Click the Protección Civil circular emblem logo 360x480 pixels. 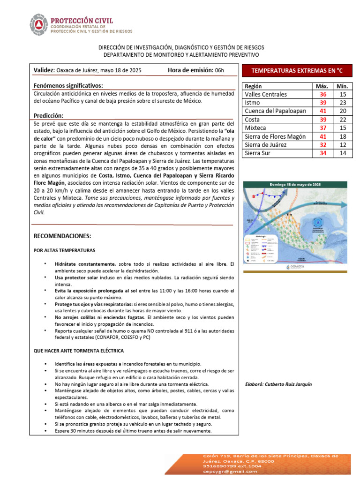(x=38, y=26)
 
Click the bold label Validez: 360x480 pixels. (x=44, y=70)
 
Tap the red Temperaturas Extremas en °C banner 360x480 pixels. (x=297, y=71)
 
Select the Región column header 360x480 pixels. (x=254, y=86)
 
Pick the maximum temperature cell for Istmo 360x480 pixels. (x=322, y=103)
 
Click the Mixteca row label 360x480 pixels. (x=256, y=128)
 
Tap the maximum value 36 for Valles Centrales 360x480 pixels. (x=322, y=94)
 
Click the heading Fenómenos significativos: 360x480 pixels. (x=68, y=86)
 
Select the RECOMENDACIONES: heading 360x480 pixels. (x=62, y=235)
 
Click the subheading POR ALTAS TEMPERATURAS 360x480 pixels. (x=64, y=250)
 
